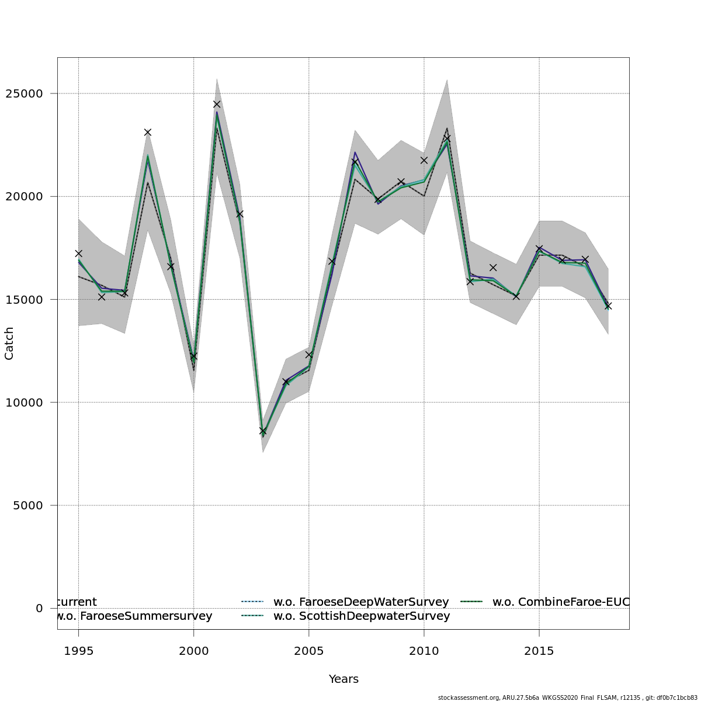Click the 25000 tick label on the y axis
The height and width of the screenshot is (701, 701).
(x=27, y=93)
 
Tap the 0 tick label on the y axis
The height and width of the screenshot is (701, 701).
(x=39, y=608)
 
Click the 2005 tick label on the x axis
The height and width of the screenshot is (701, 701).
(x=308, y=650)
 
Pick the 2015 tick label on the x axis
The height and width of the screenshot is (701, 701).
(x=539, y=650)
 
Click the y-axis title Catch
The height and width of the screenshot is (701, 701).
(x=9, y=343)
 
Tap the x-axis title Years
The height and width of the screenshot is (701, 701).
(x=343, y=679)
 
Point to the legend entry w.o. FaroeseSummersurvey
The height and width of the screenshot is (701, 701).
(x=134, y=616)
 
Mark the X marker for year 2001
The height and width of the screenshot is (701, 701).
(x=217, y=104)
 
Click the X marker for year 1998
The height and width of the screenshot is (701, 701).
(x=148, y=133)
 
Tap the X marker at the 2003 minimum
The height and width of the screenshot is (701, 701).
(x=263, y=431)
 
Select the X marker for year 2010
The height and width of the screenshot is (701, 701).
(x=424, y=160)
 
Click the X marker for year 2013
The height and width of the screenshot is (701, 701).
(x=493, y=268)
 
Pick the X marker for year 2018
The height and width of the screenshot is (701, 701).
(x=608, y=306)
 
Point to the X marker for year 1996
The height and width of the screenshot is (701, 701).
(x=102, y=297)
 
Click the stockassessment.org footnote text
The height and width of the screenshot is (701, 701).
(x=567, y=697)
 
